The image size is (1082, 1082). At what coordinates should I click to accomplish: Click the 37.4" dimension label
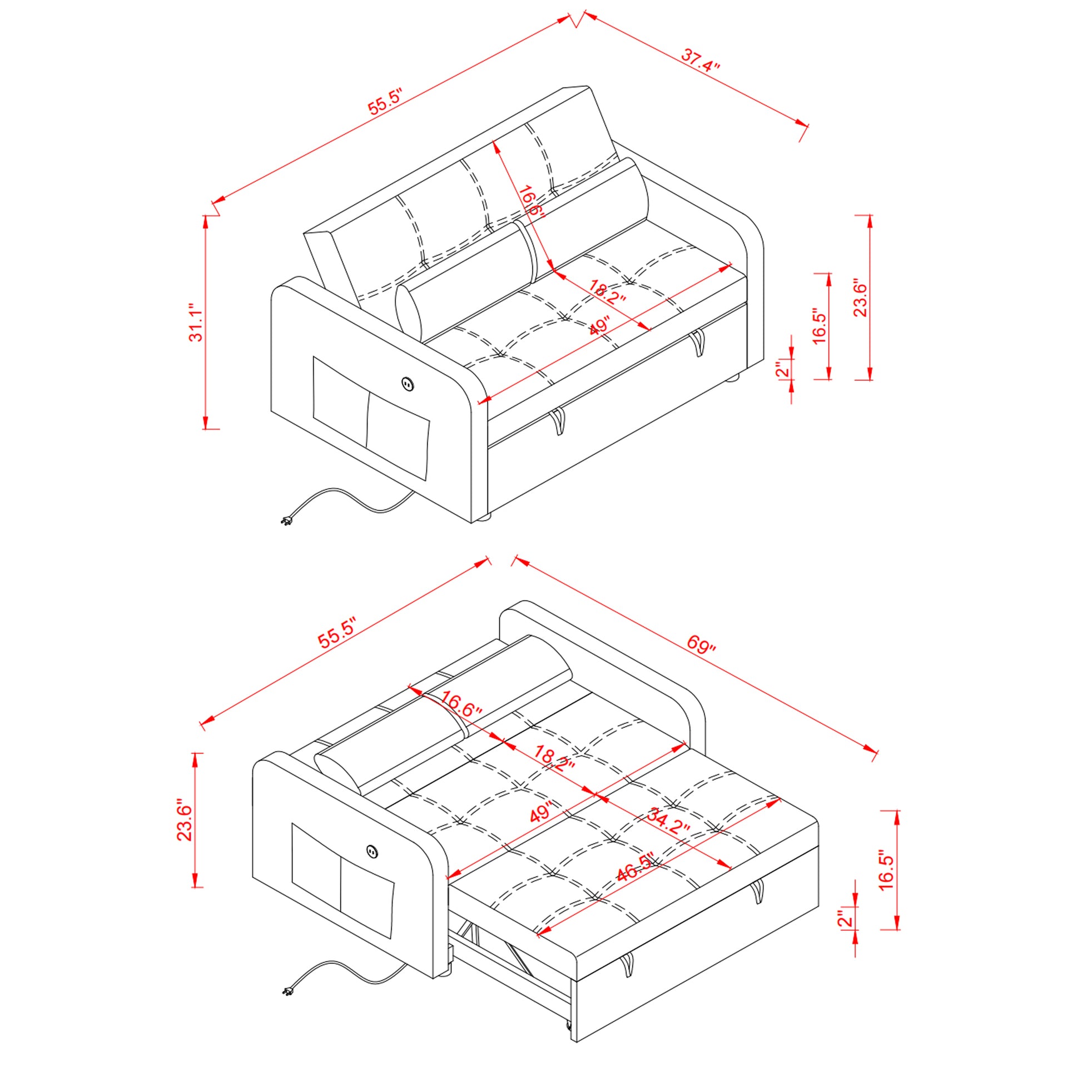point(700,60)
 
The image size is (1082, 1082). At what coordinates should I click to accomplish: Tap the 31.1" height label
point(196,323)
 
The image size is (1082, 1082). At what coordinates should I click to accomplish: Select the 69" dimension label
point(701,644)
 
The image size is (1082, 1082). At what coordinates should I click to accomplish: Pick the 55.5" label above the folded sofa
point(385,101)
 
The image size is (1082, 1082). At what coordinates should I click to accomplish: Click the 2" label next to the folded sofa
point(782,368)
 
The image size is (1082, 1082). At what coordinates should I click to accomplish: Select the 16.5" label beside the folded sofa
point(819,325)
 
